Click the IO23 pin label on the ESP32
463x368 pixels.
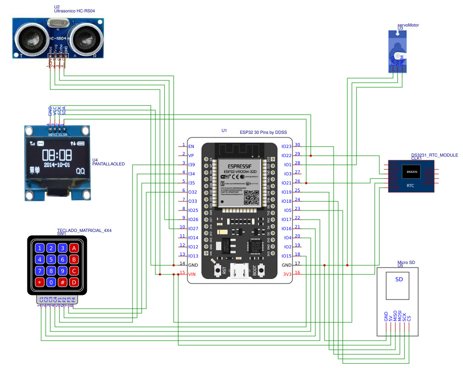click(287, 147)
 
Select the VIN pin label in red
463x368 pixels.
click(192, 274)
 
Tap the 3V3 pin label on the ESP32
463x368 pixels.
click(287, 274)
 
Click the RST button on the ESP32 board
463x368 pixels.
click(218, 270)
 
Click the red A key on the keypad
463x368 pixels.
click(74, 248)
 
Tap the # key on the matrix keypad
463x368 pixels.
click(63, 282)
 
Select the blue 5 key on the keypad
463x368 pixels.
click(51, 259)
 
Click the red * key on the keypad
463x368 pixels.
click(40, 282)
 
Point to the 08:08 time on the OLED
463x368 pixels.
click(57, 154)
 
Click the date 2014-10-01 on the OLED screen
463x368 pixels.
click(57, 164)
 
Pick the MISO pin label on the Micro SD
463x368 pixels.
click(395, 317)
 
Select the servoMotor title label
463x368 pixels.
click(408, 25)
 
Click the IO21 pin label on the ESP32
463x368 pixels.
click(287, 183)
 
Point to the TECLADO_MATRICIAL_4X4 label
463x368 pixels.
click(84, 231)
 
